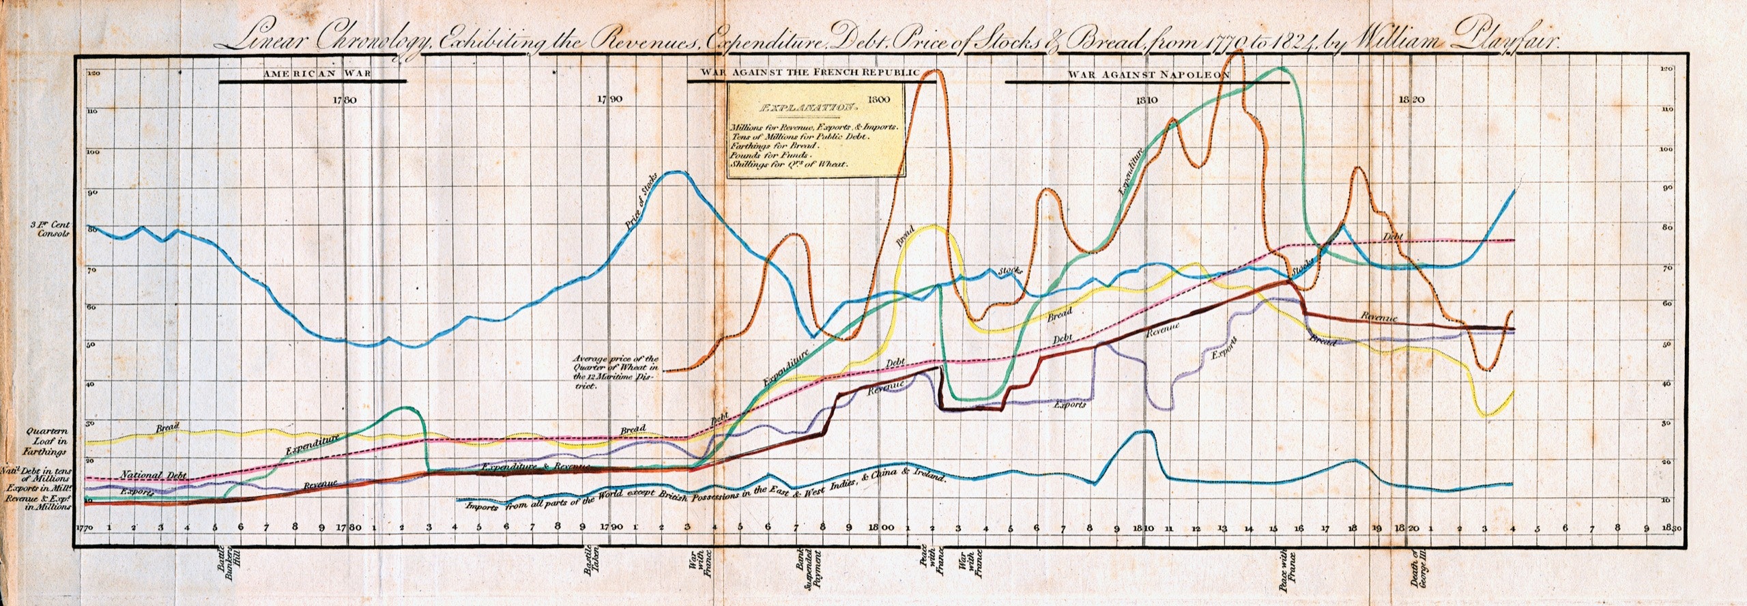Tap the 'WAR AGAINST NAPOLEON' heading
click(1147, 74)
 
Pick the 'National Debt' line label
click(151, 475)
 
